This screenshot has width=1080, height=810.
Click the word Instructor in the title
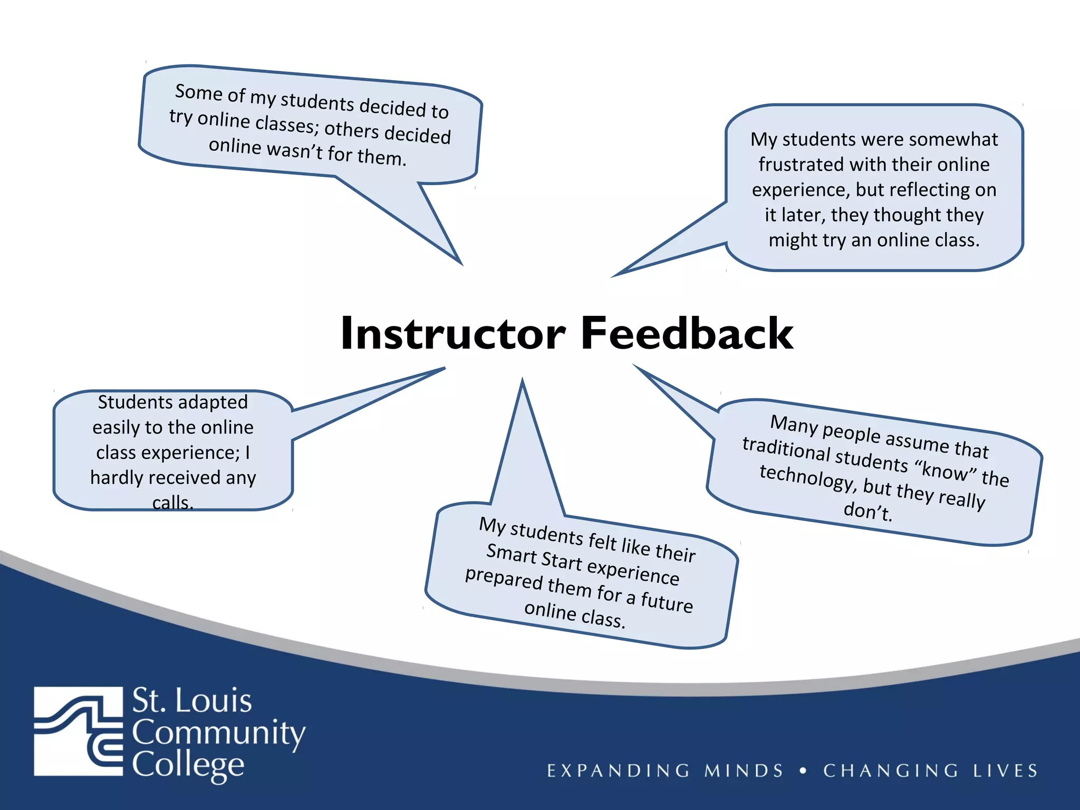tap(453, 333)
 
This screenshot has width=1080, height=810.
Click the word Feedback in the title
tap(687, 333)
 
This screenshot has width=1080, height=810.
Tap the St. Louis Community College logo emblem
tap(78, 731)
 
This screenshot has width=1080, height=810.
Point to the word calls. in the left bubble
tap(173, 503)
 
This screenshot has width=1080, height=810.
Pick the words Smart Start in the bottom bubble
tap(534, 556)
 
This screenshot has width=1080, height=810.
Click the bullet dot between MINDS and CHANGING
tap(803, 770)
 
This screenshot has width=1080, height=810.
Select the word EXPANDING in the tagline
tap(618, 770)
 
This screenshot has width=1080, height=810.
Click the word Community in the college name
tap(218, 733)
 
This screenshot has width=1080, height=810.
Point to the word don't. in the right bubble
tap(868, 510)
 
